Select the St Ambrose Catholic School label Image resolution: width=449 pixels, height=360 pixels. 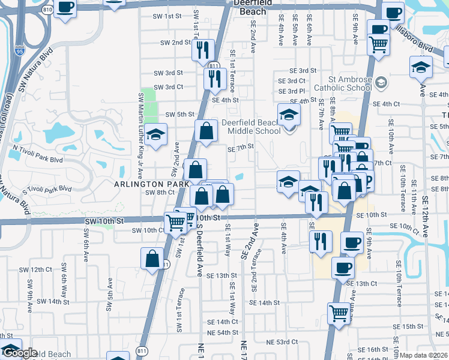click(x=351, y=83)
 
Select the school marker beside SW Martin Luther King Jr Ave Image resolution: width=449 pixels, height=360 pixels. click(x=156, y=136)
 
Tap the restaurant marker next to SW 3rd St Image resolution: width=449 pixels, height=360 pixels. click(x=214, y=78)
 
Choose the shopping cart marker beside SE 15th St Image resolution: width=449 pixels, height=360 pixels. click(x=339, y=313)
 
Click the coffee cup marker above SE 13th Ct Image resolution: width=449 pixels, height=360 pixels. click(x=343, y=268)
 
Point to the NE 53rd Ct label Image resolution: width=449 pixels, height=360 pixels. click(x=282, y=341)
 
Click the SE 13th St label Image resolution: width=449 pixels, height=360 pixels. click(x=222, y=275)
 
